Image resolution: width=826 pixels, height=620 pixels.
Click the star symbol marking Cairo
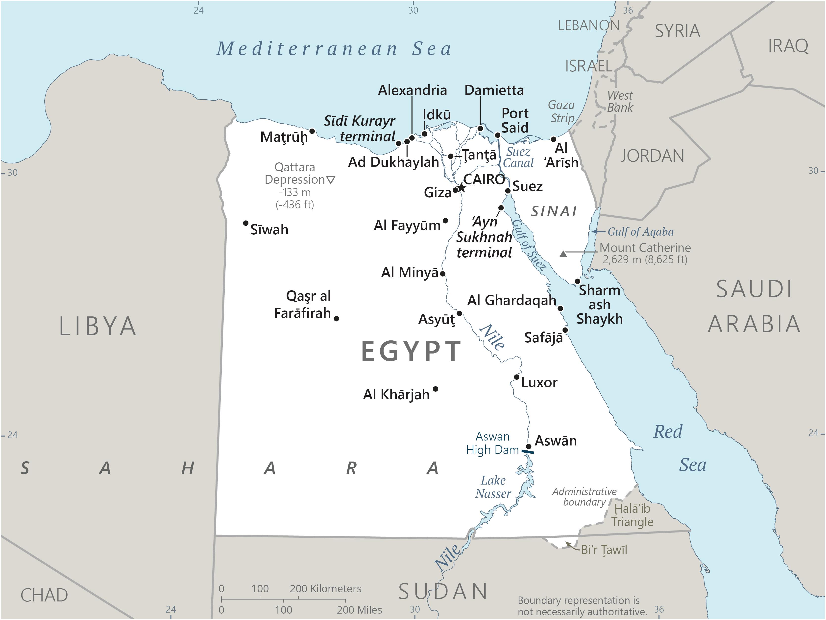(462, 187)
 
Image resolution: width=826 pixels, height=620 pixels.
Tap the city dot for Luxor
(516, 377)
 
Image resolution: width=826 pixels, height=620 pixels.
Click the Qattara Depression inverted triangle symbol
(331, 180)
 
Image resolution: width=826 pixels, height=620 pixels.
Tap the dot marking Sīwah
(246, 223)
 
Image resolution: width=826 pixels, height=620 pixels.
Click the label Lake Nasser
(493, 487)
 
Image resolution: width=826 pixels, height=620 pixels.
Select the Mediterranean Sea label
(334, 49)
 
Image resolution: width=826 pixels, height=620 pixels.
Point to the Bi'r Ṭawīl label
(604, 550)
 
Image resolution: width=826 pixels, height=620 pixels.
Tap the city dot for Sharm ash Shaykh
(577, 281)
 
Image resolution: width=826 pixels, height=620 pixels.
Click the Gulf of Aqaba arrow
(598, 232)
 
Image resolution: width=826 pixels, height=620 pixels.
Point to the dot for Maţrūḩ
(312, 131)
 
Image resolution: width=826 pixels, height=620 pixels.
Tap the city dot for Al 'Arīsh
(553, 139)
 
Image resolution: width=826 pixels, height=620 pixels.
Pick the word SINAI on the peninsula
(554, 212)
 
